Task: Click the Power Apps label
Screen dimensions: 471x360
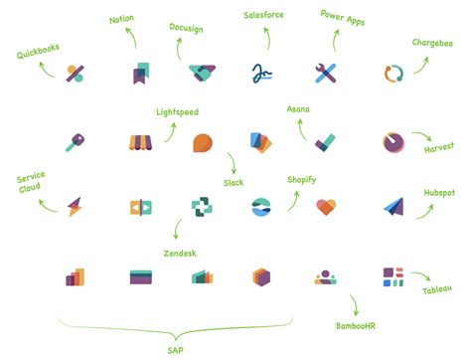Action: click(x=344, y=17)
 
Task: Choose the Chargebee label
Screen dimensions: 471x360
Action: click(x=433, y=43)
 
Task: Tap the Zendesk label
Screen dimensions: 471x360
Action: click(x=179, y=254)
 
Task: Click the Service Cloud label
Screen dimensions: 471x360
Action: click(x=31, y=187)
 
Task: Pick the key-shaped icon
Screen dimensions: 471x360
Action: click(x=76, y=142)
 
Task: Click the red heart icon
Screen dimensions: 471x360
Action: click(x=328, y=207)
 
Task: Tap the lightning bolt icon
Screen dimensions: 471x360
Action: click(x=76, y=207)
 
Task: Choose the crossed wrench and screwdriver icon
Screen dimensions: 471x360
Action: click(x=328, y=73)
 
